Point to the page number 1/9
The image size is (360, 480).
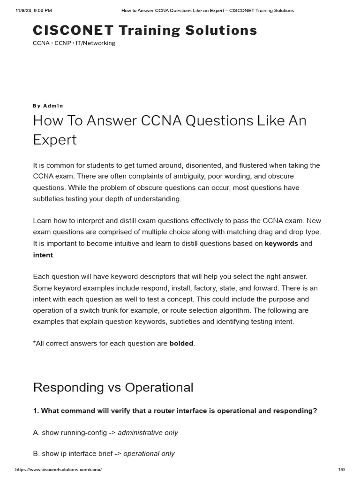pos(341,470)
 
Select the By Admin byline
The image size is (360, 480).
pos(48,106)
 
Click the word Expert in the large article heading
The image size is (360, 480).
pos(54,140)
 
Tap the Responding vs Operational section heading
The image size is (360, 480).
pos(113,388)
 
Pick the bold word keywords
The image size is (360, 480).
pos(281,244)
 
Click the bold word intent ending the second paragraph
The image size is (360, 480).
pos(43,255)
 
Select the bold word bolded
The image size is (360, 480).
pos(181,343)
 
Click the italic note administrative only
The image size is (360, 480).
pos(148,433)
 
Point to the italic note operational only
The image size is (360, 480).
pos(149,453)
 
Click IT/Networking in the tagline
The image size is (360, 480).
pos(96,43)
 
